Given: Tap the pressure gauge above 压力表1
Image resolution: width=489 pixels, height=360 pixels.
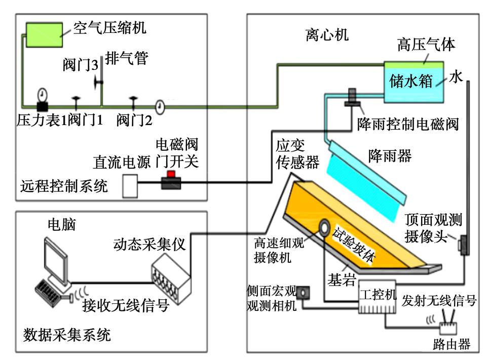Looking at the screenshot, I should pos(42,95).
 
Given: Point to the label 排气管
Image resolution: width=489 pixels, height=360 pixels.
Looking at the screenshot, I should pos(126,59).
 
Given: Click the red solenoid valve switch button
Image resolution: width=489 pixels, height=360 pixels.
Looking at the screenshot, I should pos(171,175).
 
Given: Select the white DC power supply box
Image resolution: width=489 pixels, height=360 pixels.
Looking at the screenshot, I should pos(130,186).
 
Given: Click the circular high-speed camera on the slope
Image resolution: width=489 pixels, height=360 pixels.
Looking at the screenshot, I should pos(322,228).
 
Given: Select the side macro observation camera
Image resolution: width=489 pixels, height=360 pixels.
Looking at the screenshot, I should pos(304,292).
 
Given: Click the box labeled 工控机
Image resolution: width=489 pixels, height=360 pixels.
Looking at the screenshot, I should pos(377,299).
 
